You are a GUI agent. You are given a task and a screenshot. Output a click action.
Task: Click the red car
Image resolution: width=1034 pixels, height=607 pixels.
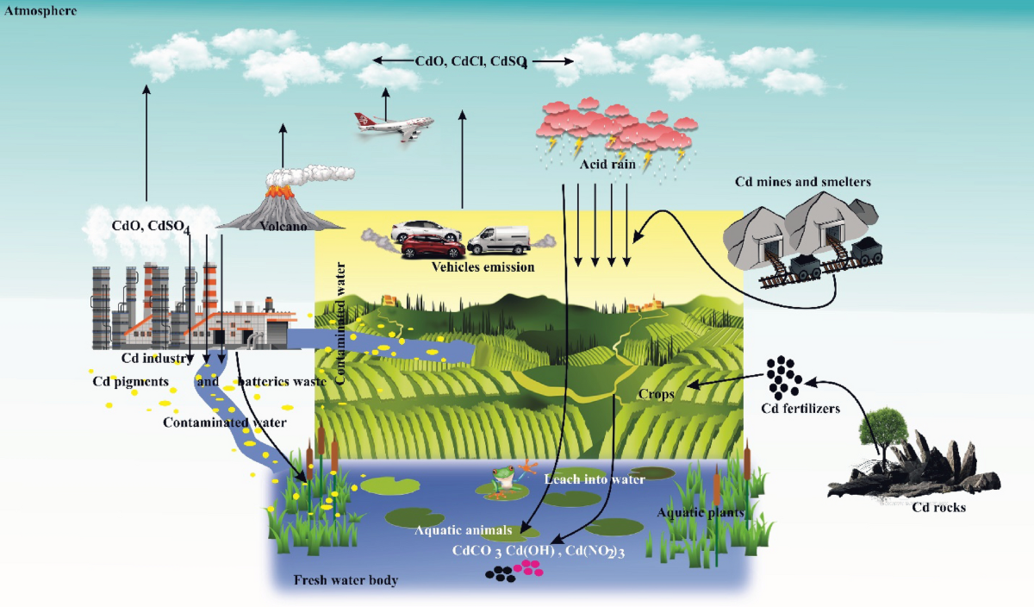(433, 247)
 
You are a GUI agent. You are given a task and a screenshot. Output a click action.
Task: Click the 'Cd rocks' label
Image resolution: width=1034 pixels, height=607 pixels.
(938, 507)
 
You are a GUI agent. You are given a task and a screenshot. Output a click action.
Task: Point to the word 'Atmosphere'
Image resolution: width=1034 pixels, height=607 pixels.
(40, 11)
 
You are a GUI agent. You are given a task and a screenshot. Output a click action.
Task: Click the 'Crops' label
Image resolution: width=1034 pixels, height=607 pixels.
(657, 393)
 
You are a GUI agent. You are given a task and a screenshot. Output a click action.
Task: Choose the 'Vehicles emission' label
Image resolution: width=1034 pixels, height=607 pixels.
(483, 266)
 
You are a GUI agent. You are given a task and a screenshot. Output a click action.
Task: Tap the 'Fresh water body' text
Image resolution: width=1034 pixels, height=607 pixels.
(346, 580)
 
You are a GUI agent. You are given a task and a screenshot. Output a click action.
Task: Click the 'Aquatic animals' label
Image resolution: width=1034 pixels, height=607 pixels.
(464, 530)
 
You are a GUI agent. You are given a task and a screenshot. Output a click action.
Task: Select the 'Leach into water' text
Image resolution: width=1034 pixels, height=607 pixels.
(595, 479)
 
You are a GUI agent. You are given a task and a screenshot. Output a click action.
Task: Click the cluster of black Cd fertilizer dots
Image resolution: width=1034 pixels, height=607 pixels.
(783, 373)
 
